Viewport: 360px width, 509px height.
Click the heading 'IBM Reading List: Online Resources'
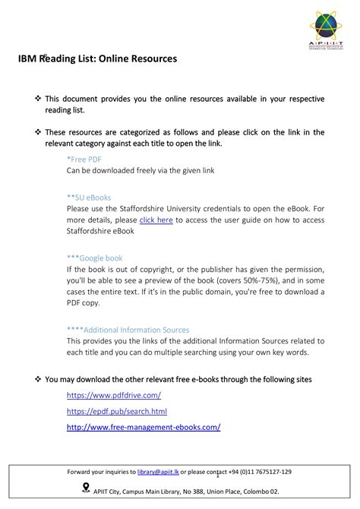click(98, 58)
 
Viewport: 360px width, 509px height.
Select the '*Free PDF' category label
click(84, 160)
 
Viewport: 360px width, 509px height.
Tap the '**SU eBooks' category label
click(89, 196)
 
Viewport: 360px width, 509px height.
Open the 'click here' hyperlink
click(156, 220)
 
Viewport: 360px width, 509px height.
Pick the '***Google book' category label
click(94, 258)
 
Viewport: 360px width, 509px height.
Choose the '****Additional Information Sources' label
click(128, 330)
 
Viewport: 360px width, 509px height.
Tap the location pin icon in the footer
click(85, 488)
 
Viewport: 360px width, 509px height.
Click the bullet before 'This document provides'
click(38, 99)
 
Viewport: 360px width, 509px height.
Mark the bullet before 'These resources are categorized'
click(38, 131)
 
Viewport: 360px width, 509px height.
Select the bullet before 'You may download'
click(38, 379)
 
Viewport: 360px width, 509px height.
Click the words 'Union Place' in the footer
click(216, 492)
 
